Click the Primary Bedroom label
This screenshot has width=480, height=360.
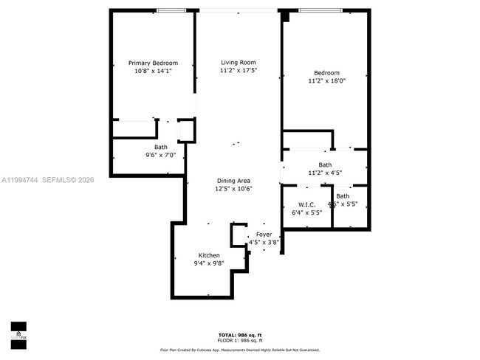[x=153, y=63]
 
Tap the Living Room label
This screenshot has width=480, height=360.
[x=238, y=62]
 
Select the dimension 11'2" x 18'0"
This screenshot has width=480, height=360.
[x=326, y=81]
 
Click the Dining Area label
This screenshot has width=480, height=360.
[x=233, y=181]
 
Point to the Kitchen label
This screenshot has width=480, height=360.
[x=208, y=255]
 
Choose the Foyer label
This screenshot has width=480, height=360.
[x=264, y=234]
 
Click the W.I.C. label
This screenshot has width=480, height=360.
[x=307, y=204]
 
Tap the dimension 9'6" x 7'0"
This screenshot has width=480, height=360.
[x=160, y=156]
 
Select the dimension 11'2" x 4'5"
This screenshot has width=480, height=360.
[x=325, y=173]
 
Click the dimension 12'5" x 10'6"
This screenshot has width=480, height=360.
[x=233, y=189]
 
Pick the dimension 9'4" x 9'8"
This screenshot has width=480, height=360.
[x=208, y=263]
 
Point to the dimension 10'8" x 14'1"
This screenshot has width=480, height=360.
[x=153, y=71]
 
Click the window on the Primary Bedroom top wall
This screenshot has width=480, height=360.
[x=171, y=10]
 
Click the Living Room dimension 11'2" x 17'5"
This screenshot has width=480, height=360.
[x=238, y=71]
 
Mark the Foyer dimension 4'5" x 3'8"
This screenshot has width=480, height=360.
[x=264, y=242]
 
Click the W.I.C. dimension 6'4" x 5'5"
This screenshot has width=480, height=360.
[x=307, y=213]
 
